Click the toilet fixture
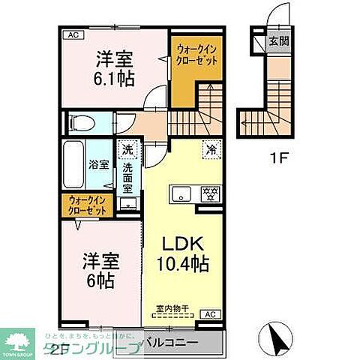[x=79, y=121]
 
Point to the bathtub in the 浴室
[x=73, y=164]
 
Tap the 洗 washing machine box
[x=127, y=149]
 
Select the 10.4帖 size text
[x=183, y=265]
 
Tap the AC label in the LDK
[x=211, y=315]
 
